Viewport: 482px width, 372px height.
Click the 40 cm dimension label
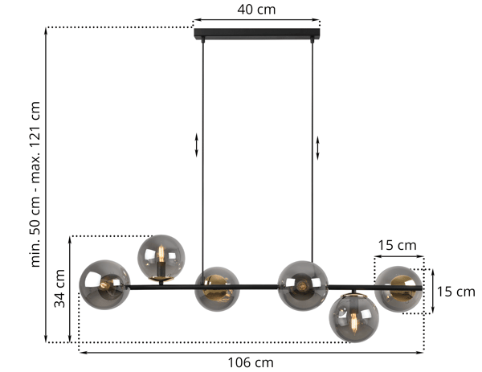coord(256,10)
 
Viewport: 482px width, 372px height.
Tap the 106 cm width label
coord(251,363)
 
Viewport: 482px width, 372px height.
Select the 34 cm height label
coord(59,288)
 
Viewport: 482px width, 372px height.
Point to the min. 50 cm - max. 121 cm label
coord(36,184)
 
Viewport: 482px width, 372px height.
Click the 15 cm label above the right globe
coord(397,245)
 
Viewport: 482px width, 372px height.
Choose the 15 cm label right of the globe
coord(455,292)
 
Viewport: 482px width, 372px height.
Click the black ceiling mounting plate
coord(257,34)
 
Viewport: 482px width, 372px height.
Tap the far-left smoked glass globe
coord(104,284)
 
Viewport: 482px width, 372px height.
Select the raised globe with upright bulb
coord(161,258)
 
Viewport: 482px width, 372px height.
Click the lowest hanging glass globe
coord(353,318)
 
